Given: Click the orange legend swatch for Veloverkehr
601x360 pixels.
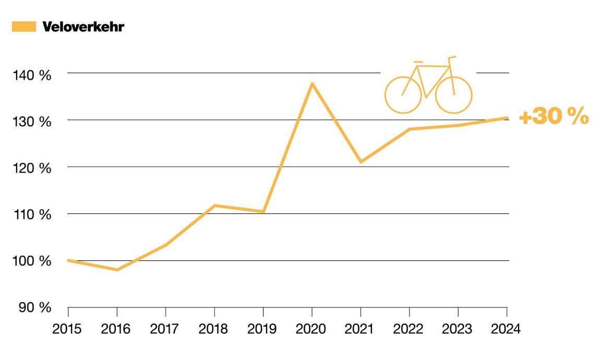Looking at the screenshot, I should (x=23, y=27).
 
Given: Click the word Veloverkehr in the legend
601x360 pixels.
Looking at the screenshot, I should (x=83, y=27).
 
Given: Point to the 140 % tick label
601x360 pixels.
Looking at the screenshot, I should (x=32, y=75).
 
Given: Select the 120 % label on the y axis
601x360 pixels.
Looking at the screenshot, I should (x=32, y=168).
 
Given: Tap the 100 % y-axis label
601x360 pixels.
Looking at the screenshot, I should (x=32, y=261).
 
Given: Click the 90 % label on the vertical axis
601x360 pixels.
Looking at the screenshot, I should (x=34, y=307).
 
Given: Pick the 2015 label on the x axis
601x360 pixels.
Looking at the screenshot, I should (x=68, y=329).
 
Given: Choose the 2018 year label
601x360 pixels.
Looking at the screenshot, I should (x=214, y=329).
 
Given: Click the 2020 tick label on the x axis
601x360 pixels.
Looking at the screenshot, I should (x=311, y=329).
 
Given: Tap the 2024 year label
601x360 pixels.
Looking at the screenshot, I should (x=506, y=329).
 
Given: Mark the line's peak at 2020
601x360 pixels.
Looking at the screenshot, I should (x=312, y=83).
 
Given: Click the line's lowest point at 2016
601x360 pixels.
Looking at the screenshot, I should (x=117, y=270).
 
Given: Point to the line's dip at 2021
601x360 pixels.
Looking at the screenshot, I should (x=360, y=162).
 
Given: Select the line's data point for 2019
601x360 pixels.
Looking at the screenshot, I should (x=263, y=211).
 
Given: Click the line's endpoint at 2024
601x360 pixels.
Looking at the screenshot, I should (x=506, y=118).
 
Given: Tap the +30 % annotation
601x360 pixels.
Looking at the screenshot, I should (x=554, y=117).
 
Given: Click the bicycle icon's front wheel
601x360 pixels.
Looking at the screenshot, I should (x=453, y=95).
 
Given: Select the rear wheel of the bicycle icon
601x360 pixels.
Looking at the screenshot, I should (x=403, y=95).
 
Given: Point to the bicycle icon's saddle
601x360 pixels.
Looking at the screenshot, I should (x=418, y=62).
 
